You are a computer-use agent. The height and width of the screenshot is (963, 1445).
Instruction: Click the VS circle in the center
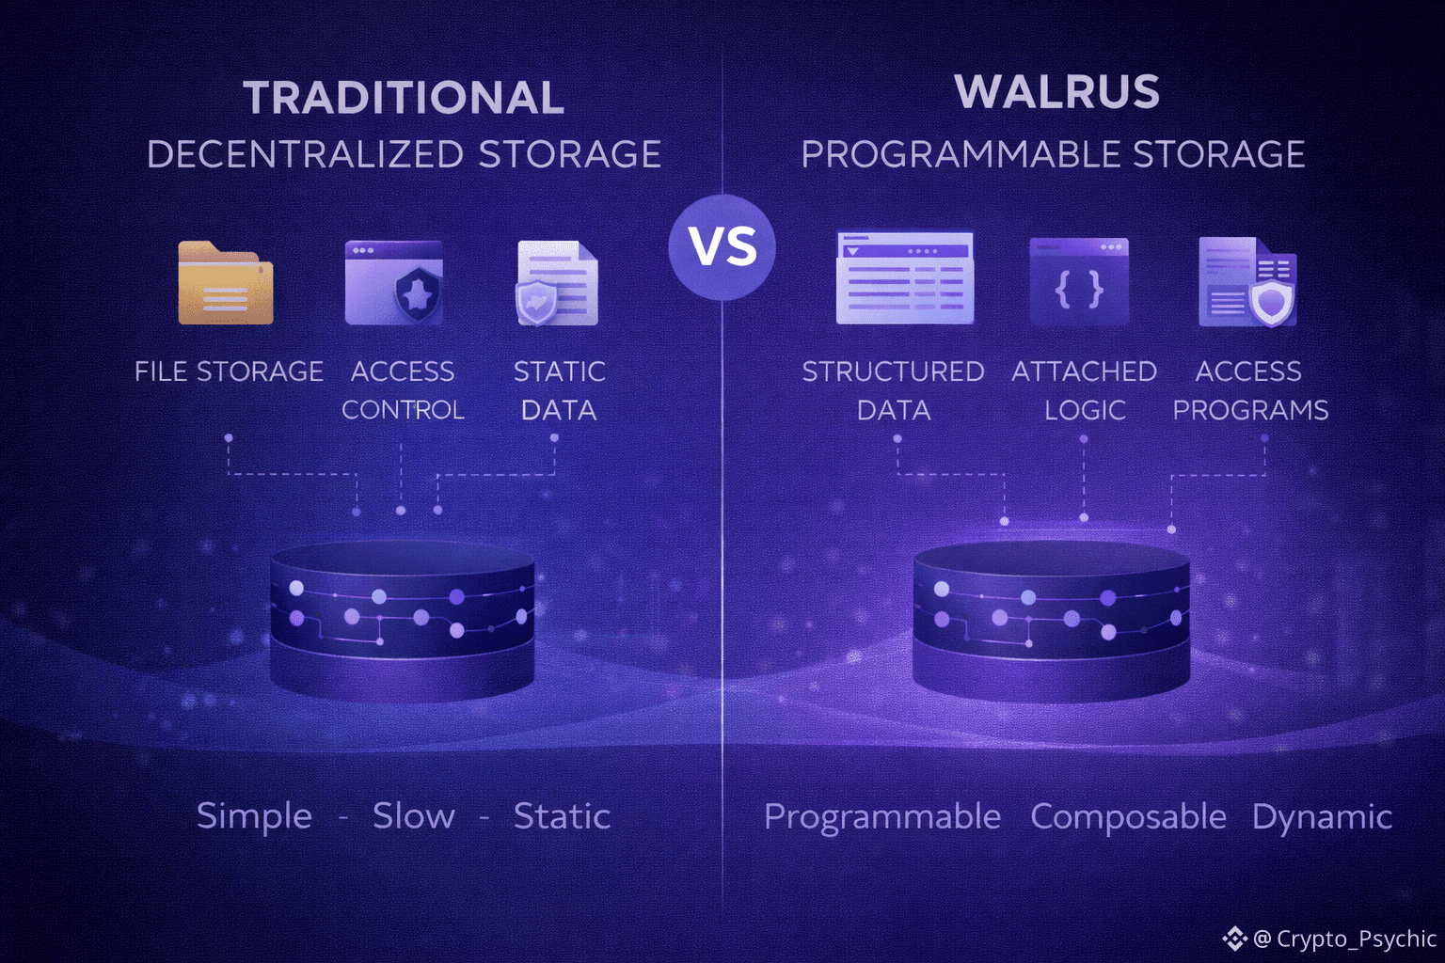(722, 247)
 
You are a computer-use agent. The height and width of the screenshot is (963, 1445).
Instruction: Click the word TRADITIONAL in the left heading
(404, 98)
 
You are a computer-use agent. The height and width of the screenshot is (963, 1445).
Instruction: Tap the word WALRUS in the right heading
(1056, 92)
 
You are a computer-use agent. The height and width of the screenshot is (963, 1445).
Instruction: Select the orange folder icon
(226, 283)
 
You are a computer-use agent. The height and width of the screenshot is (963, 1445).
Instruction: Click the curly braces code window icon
(1079, 282)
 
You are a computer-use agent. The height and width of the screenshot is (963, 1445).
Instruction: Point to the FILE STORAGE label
(229, 371)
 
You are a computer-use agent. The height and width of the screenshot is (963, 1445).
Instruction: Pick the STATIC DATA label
(559, 390)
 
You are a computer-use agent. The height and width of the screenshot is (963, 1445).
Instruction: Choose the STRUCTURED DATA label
(893, 390)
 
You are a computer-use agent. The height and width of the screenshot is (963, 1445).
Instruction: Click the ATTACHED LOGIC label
(1084, 390)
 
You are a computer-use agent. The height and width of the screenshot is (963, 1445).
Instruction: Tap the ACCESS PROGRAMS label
(1249, 390)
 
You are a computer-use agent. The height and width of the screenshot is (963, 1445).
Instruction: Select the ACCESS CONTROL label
(403, 390)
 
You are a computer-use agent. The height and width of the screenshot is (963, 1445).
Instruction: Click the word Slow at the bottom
(413, 815)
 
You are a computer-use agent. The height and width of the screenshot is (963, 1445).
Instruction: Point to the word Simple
(254, 815)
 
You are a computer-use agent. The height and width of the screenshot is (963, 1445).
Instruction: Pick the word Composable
(1128, 816)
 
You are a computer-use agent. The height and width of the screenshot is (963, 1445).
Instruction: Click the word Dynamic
(1322, 817)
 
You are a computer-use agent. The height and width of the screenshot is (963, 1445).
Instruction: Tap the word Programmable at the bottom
(881, 816)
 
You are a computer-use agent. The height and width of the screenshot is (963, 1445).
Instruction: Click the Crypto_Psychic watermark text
(1355, 939)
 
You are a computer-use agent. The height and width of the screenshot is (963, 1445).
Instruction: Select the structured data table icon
(904, 278)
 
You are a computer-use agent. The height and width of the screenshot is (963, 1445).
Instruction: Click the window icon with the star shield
(394, 283)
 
